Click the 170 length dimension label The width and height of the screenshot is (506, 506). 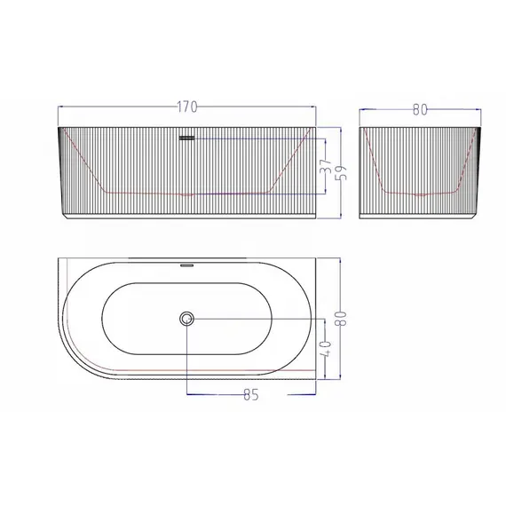coord(187,107)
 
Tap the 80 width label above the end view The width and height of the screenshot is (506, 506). coord(420,110)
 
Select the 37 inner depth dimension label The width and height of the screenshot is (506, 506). coord(326,165)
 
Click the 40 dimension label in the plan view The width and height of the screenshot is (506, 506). coord(326,349)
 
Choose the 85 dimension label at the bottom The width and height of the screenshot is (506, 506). coord(251,394)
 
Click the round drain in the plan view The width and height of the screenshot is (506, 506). coord(186,319)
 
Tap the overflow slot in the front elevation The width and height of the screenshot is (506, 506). coord(186,138)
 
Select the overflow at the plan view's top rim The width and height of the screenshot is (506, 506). coord(186,265)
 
